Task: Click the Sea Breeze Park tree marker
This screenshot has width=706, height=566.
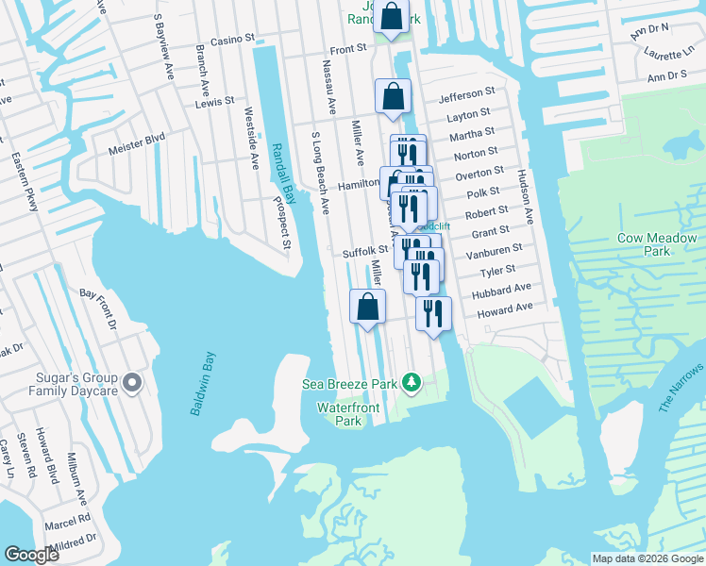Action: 411,382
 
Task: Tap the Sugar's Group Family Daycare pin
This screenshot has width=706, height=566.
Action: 132,383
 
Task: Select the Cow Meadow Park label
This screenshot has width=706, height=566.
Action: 657,244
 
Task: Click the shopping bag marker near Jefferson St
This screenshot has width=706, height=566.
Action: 393,97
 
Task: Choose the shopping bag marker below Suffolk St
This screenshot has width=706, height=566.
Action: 367,308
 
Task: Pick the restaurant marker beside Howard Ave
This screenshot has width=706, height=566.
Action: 433,315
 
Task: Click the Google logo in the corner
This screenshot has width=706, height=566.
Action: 32,555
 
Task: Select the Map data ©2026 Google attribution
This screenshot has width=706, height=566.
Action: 647,558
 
